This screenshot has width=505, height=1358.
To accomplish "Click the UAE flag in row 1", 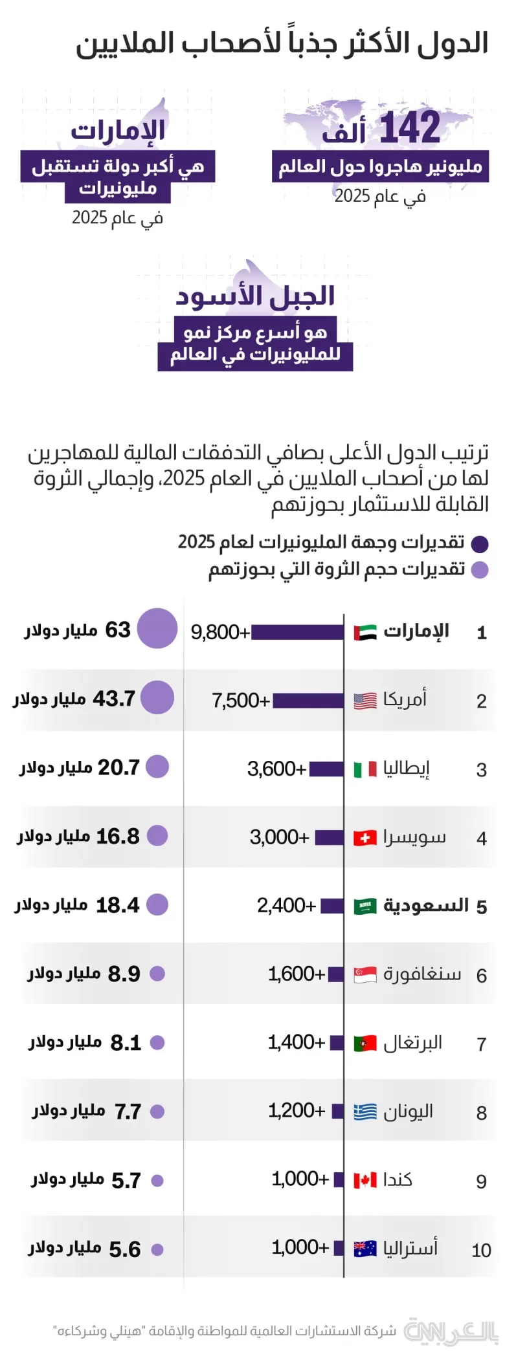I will click(x=365, y=632).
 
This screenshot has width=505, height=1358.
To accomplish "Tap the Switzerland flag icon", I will click(x=365, y=838).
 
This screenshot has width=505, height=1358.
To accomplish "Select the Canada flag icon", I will click(x=365, y=1180).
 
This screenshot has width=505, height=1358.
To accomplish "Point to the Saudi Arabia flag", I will click(x=365, y=906).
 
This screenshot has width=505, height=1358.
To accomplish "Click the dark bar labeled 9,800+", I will click(x=297, y=632).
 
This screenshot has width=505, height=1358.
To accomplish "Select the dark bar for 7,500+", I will click(x=308, y=700).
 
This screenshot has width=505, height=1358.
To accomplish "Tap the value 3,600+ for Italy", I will click(x=276, y=769).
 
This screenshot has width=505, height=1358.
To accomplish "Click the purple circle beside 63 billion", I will click(x=157, y=628).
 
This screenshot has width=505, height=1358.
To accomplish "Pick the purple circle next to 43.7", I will click(x=157, y=697).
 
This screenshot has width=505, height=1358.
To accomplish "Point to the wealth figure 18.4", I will click(x=117, y=905).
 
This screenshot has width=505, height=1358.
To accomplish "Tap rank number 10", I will click(x=481, y=1250).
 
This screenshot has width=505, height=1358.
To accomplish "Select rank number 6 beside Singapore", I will click(x=481, y=976).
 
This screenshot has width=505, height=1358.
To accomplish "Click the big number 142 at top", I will click(x=410, y=127).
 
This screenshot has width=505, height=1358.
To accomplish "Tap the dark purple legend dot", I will click(x=480, y=544).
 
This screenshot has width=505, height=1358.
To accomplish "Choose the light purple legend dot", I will click(x=480, y=570).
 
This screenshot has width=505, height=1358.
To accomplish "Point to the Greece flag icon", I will click(x=365, y=1112).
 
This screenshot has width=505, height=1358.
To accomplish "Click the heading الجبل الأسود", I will click(x=255, y=296).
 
